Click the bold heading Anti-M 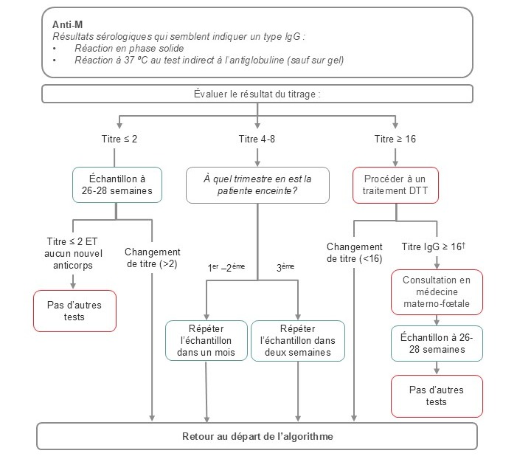pyautogui.click(x=67, y=24)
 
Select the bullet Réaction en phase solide pyautogui.click(x=121, y=48)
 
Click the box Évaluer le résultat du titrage pyautogui.click(x=257, y=94)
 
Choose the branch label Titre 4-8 pyautogui.click(x=257, y=139)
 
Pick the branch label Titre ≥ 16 pyautogui.click(x=395, y=139)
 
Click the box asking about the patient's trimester pyautogui.click(x=257, y=184)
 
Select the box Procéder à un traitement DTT pyautogui.click(x=396, y=184)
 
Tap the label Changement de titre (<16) pyautogui.click(x=355, y=252)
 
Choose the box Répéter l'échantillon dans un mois pyautogui.click(x=205, y=340)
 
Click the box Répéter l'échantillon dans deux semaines pyautogui.click(x=297, y=340)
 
